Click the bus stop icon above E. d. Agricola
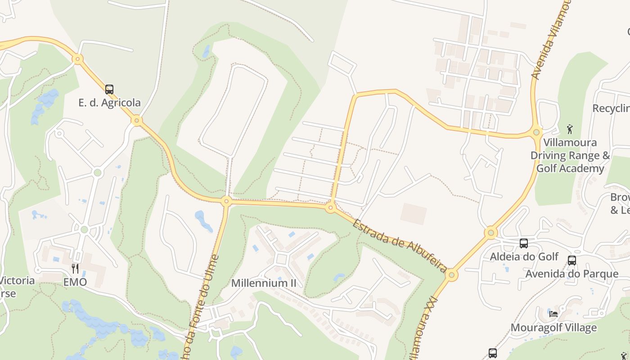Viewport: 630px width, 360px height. [109, 89]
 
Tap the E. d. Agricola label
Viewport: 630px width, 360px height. [109, 103]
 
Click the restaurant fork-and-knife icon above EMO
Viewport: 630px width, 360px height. [75, 269]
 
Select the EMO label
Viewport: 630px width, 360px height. [75, 282]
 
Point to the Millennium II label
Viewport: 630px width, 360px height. [264, 283]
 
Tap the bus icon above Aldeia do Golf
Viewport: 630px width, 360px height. [524, 243]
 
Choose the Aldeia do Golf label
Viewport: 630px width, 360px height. [524, 256]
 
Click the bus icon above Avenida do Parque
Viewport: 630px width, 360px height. [572, 260]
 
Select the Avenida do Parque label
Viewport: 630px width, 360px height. [572, 274]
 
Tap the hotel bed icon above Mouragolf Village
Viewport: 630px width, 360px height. [553, 314]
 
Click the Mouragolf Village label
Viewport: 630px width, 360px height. [553, 328]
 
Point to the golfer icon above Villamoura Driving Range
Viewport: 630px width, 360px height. [570, 129]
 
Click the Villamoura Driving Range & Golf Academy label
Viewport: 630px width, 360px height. [570, 155]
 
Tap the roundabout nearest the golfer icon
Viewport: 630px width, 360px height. [536, 132]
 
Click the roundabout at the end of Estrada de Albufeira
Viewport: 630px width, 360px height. [452, 275]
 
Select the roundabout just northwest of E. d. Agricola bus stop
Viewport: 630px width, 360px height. [78, 58]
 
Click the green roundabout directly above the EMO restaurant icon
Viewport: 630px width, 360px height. [84, 229]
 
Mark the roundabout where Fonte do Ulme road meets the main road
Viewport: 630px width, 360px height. [226, 201]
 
